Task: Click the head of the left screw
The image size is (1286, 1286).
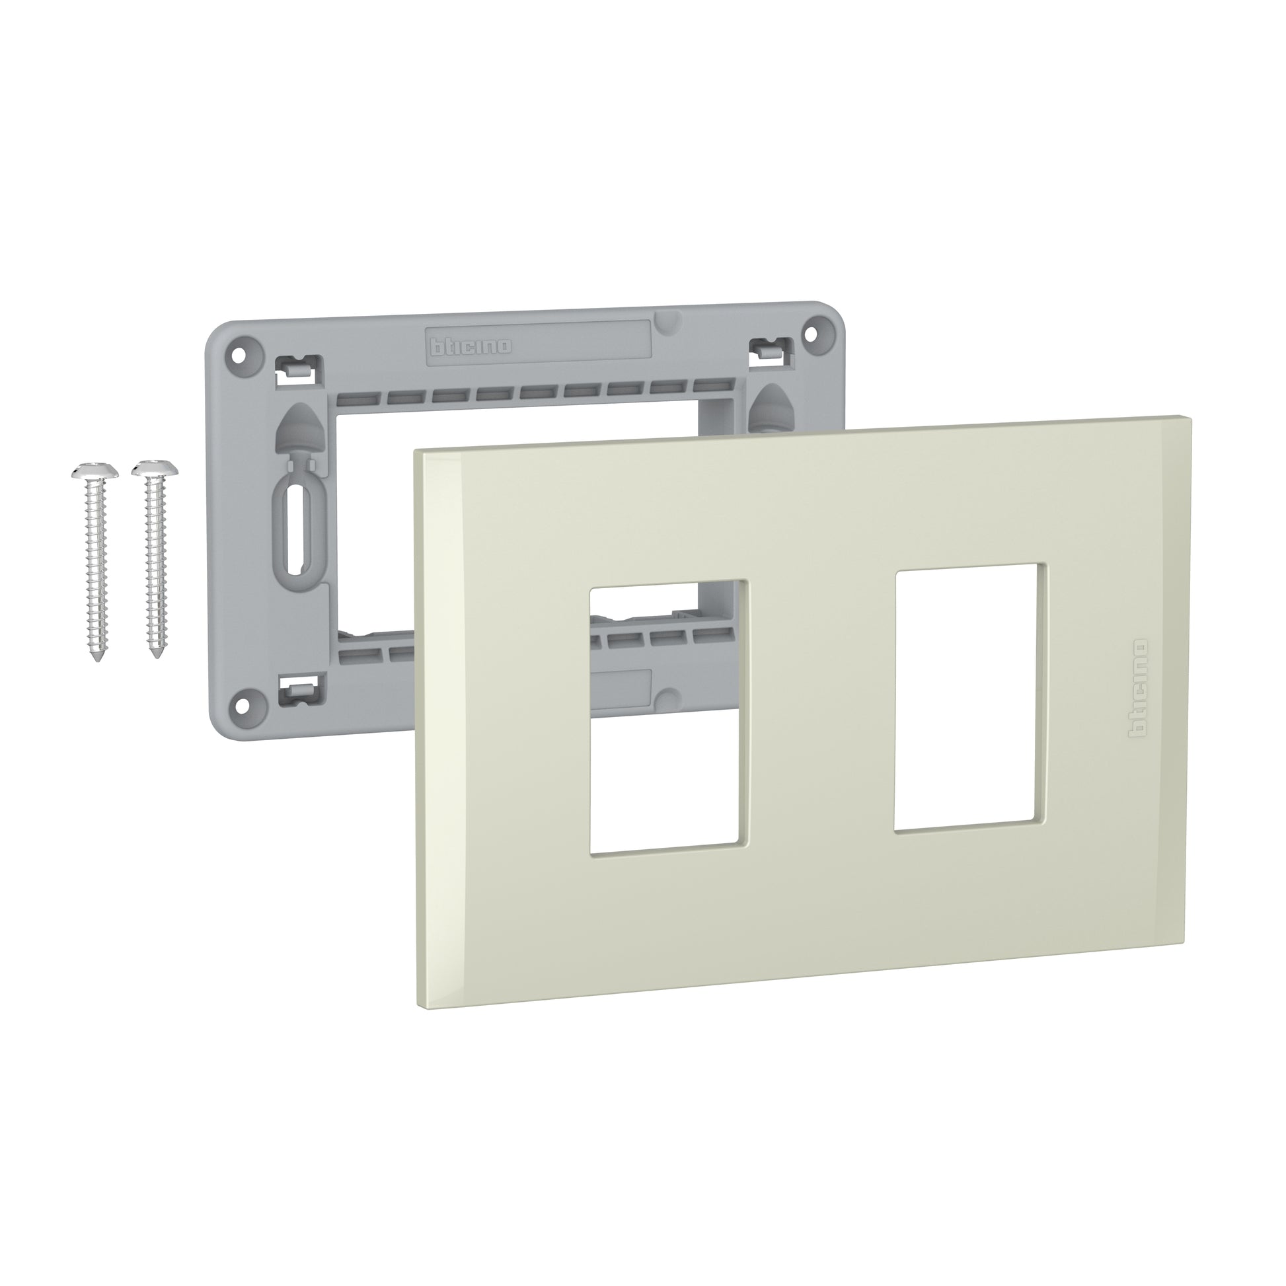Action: point(95,471)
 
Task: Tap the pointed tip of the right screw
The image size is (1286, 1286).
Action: point(157,656)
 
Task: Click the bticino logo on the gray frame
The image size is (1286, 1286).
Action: point(471,346)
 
